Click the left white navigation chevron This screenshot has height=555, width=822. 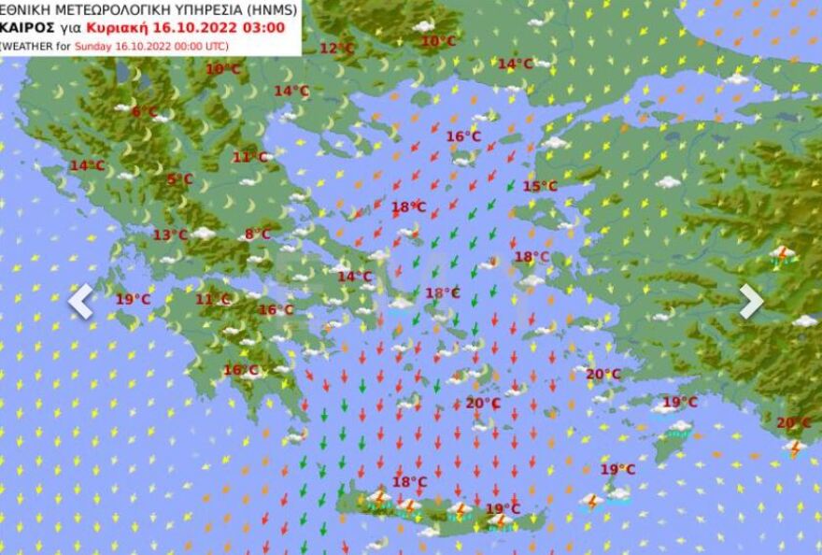[81, 302]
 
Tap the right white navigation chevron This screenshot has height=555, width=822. [751, 302]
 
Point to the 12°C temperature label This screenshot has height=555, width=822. [337, 49]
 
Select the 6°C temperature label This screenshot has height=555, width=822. [145, 112]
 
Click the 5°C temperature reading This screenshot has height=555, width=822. [179, 179]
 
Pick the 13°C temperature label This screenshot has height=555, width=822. [170, 235]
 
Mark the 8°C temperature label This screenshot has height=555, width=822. [258, 235]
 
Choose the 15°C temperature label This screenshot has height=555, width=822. [539, 186]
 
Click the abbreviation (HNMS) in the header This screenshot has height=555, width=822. [266, 9]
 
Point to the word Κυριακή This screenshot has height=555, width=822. [116, 27]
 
